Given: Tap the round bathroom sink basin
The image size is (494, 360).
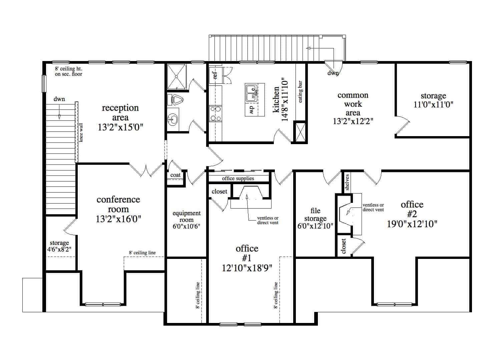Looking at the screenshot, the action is point(172,119).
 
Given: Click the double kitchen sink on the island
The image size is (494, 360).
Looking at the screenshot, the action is point(251,93).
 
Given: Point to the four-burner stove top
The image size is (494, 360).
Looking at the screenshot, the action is point(215,114).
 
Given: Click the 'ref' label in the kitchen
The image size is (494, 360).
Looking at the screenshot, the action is point(215,75).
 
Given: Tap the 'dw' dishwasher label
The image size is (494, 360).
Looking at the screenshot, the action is point(252,109).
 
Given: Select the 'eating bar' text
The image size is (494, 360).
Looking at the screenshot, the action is point(300,91).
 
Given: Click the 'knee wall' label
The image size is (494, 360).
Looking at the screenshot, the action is point(81,132).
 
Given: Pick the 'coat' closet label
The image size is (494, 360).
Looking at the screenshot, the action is point(175,175).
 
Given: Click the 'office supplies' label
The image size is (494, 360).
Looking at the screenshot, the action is point(238,178).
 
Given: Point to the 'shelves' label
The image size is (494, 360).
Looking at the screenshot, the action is point(347,182).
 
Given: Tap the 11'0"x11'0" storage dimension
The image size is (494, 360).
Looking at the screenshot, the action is point(433,104).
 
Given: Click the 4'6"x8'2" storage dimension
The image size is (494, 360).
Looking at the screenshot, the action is point(59,249).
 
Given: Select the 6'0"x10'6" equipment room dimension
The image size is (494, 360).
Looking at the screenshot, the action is point(186,226).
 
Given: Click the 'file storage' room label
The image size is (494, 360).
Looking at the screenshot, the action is point(315,215).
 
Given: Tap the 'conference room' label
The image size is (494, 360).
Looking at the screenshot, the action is point(118,204).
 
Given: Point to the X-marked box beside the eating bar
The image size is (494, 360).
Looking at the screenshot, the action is point(300,132).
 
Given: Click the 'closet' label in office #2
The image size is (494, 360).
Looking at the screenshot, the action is point(343,246).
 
